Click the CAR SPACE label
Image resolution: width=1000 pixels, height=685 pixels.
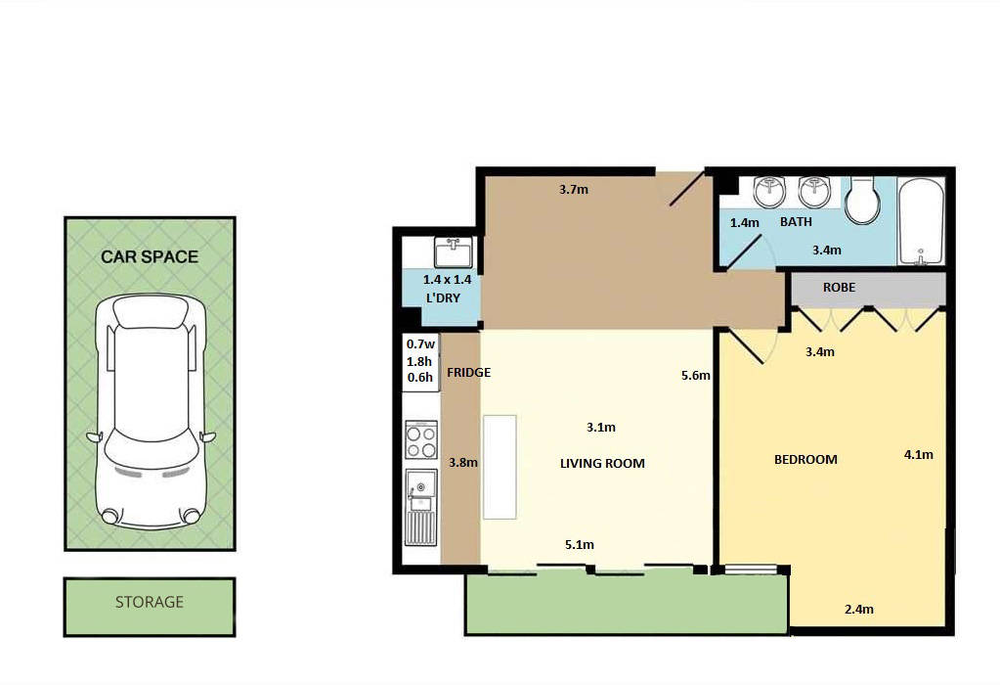150,257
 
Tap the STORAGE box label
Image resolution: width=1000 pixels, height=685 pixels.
150,602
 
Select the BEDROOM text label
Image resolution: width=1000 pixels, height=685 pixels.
805,459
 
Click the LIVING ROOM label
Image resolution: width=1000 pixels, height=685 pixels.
602,463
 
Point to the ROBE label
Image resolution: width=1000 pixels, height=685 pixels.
839,288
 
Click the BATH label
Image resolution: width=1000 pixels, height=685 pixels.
796,222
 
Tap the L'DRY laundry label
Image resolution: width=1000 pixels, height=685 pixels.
442,297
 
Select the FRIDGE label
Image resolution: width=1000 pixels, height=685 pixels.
468,373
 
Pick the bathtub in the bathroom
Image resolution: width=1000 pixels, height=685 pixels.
921,221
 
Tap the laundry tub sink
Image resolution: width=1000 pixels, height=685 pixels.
453,252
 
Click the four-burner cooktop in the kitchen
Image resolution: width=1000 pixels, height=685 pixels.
421,440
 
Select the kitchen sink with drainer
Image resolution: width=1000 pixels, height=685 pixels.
421,508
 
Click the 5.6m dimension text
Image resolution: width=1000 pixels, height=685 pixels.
696,375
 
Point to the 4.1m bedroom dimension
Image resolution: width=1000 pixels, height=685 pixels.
918,454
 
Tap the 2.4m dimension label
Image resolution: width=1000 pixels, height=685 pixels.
858,609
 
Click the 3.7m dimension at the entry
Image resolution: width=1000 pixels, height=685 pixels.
574,189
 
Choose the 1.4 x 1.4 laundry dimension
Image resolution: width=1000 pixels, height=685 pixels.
441,280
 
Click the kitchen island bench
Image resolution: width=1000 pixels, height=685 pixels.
499,467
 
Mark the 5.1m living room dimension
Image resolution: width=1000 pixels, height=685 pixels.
579,544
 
